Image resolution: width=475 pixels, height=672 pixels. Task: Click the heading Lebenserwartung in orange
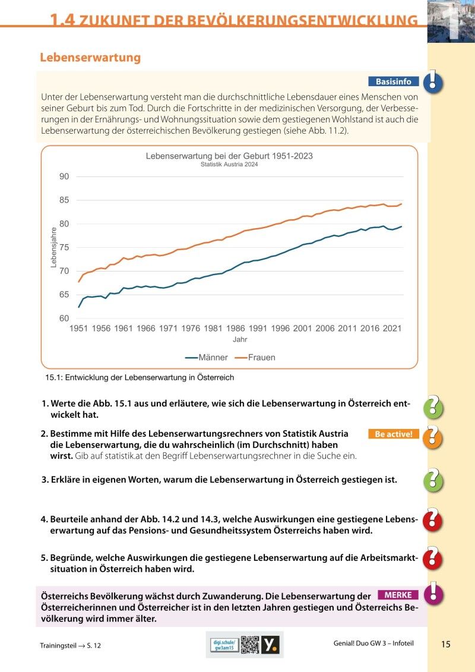(x=90, y=58)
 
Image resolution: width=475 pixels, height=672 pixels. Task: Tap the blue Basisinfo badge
(x=393, y=81)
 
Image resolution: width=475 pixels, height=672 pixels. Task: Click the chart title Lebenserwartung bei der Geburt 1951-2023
(x=229, y=156)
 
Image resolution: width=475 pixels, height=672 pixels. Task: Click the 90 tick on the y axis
(x=64, y=176)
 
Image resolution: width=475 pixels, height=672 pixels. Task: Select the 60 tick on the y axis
(x=64, y=318)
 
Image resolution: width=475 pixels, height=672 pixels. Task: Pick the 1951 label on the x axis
(x=79, y=329)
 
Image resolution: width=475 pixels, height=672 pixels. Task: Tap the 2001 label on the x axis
(x=302, y=329)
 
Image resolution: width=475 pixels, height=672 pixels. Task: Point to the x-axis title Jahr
(x=240, y=340)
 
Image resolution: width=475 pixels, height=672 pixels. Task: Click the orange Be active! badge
(x=393, y=434)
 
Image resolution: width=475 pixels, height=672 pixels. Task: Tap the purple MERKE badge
(x=398, y=595)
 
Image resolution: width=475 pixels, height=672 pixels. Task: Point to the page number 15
(x=446, y=644)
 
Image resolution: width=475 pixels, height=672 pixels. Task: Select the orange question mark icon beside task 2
(x=434, y=436)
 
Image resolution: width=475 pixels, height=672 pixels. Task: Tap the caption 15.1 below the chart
(x=140, y=377)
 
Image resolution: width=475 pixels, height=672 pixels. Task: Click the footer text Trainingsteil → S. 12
(x=70, y=645)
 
